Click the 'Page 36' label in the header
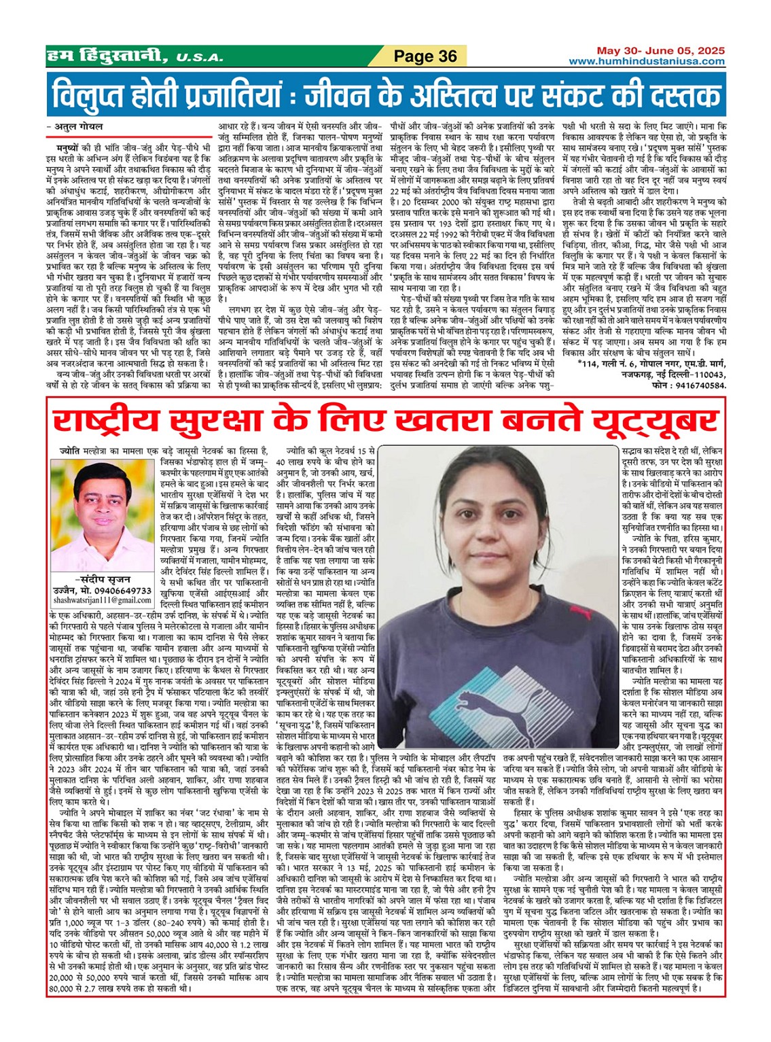click(426, 56)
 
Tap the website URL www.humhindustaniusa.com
click(647, 62)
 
